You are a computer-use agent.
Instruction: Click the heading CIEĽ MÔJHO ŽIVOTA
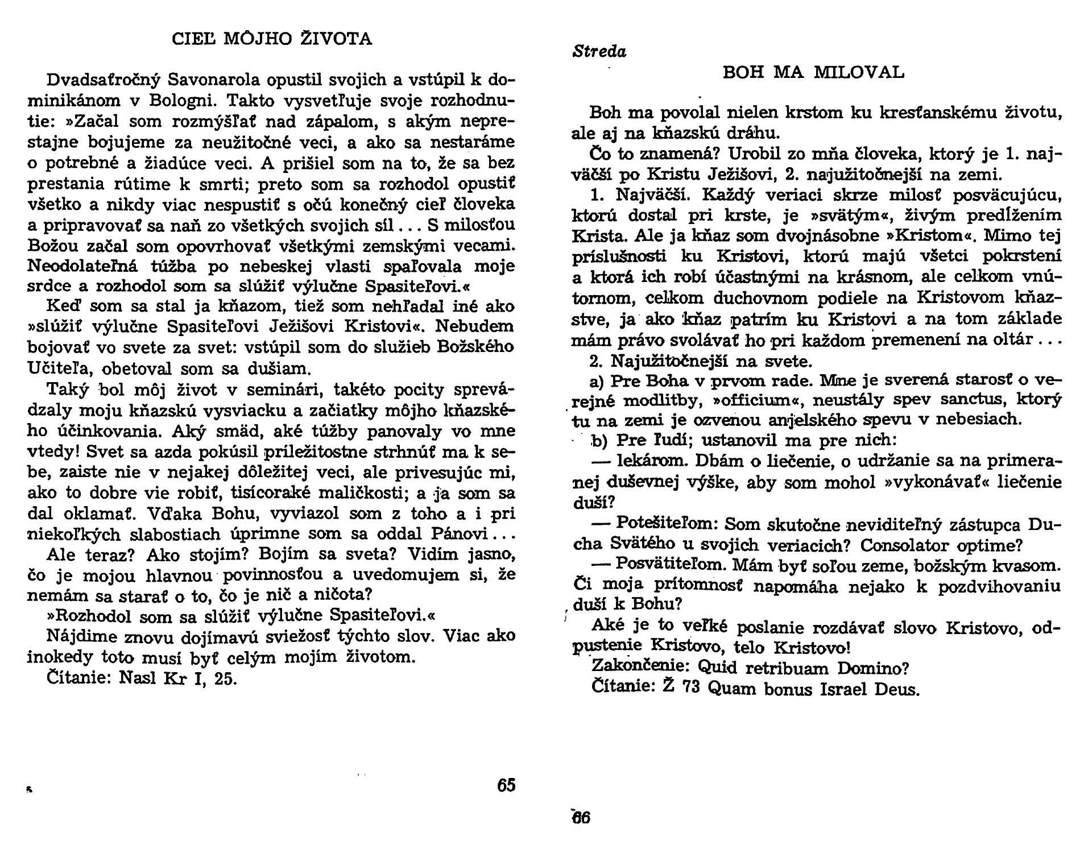pyautogui.click(x=272, y=39)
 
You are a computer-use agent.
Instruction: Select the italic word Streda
pyautogui.click(x=599, y=52)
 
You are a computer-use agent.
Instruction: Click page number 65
pyautogui.click(x=506, y=785)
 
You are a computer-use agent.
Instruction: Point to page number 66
pyautogui.click(x=581, y=818)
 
